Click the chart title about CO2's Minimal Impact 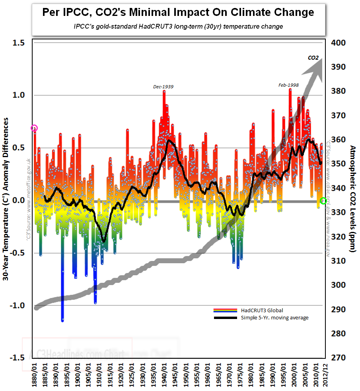178,13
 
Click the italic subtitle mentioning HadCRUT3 178,27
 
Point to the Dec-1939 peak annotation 163,86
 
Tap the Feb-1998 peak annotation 289,85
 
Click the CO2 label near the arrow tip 313,58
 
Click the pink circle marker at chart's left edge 34,128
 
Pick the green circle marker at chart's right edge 323,201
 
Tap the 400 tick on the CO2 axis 338,43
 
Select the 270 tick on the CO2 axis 338,358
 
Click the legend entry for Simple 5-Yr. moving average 274,317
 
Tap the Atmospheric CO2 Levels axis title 352,198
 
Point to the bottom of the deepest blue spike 62,320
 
